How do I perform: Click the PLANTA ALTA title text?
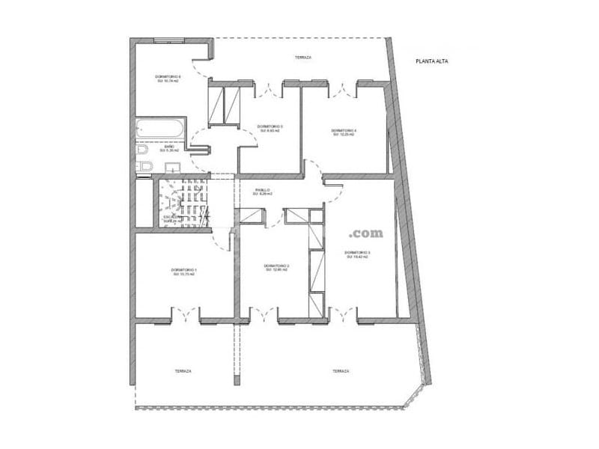pos(432,62)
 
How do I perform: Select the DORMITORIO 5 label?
pos(270,128)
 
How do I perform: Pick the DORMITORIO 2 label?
pos(276,267)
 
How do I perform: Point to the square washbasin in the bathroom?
pos(145,166)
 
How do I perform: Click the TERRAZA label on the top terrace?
pos(302,58)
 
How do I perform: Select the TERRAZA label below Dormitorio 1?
pos(183,371)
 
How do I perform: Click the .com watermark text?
pos(365,233)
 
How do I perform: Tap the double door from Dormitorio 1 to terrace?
pos(185,314)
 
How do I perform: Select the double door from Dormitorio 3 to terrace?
pos(342,314)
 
